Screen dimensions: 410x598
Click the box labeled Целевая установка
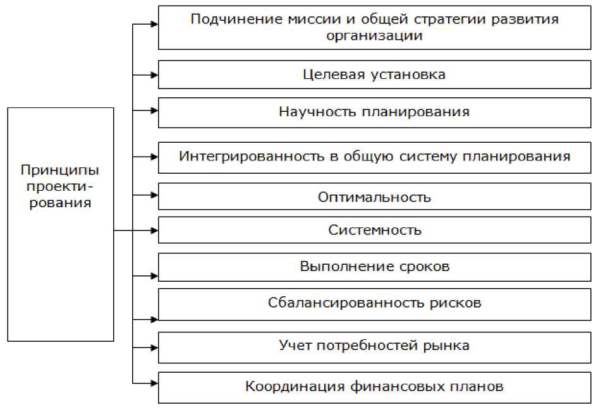[x=374, y=75]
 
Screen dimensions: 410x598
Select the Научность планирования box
[x=374, y=112]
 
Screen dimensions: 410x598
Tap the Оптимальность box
[x=374, y=197]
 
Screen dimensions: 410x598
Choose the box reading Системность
[x=374, y=230]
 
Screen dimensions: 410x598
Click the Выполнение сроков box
[x=374, y=267]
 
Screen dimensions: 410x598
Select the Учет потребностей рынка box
[x=374, y=346]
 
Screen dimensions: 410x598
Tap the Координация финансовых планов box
[x=374, y=387]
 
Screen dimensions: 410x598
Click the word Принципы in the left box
[x=60, y=171]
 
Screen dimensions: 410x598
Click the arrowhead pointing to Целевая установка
[x=153, y=75]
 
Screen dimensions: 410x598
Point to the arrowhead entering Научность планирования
[x=153, y=110]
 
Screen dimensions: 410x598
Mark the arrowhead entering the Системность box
[x=153, y=230]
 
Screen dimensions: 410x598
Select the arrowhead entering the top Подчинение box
[x=153, y=25]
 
